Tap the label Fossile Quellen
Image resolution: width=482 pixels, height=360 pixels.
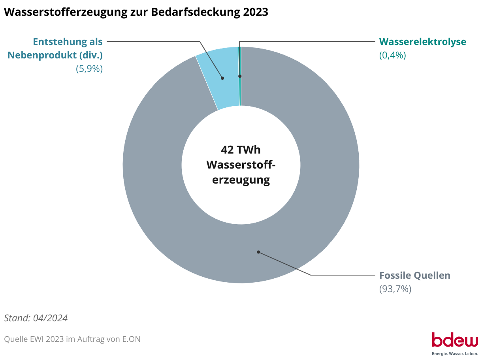click(x=415, y=276)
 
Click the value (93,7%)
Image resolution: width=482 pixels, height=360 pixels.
click(x=395, y=289)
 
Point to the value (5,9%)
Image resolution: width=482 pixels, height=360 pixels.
click(x=89, y=69)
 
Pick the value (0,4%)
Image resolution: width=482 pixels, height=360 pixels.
click(x=392, y=55)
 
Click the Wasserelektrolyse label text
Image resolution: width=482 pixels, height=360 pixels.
click(x=423, y=42)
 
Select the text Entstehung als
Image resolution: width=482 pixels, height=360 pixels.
click(x=68, y=42)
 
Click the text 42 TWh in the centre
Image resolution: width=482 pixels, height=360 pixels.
click(x=241, y=150)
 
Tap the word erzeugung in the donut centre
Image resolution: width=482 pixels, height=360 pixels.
click(x=241, y=180)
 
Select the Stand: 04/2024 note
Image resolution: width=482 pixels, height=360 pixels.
click(x=36, y=318)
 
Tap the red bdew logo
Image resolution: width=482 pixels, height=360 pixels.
click(x=455, y=339)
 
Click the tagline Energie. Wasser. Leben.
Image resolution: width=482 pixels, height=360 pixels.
click(x=455, y=353)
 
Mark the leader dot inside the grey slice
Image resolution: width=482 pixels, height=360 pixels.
click(x=258, y=252)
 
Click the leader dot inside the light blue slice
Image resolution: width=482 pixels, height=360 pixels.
click(x=222, y=78)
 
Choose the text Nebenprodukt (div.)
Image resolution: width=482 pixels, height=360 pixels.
click(x=55, y=55)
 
